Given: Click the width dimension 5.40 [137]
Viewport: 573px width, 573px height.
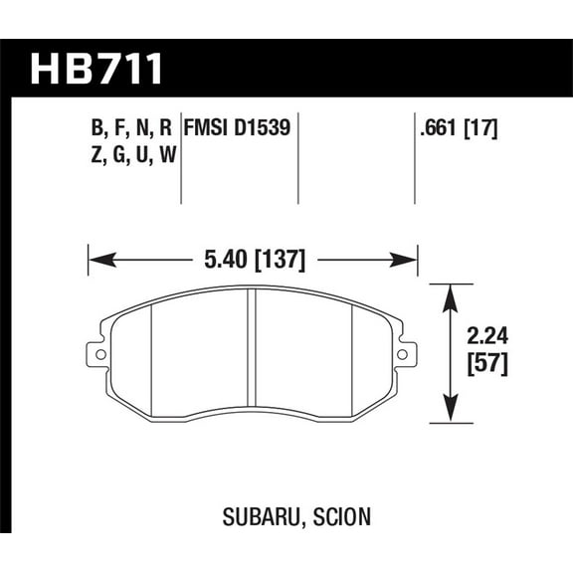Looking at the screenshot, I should (x=253, y=262).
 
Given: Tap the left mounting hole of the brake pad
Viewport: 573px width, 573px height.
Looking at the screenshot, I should (x=98, y=353).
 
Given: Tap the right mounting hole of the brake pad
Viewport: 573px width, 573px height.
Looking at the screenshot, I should (x=403, y=353).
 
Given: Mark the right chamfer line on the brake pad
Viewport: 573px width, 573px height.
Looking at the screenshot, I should (x=354, y=353).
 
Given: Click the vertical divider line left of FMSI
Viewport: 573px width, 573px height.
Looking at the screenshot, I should (x=180, y=159).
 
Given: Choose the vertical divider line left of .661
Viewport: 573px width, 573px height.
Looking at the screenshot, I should (x=414, y=159).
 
